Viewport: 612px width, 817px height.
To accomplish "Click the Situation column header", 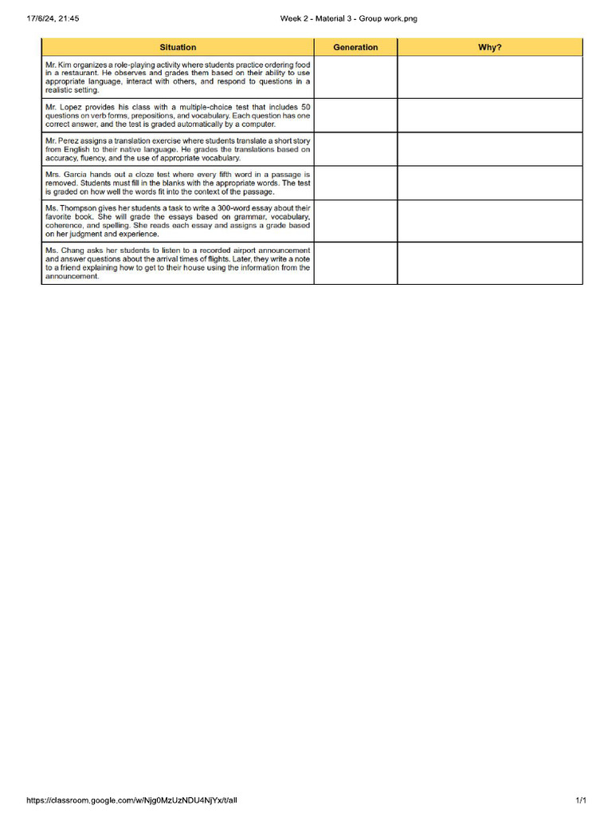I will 178,47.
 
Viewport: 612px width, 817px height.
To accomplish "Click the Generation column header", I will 355,47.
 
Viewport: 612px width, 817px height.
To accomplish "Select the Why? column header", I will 489,47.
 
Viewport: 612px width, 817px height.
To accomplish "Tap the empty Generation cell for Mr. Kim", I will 355,77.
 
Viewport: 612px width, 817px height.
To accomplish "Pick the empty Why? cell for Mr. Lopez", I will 489,115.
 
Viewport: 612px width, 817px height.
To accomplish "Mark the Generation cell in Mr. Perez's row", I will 355,149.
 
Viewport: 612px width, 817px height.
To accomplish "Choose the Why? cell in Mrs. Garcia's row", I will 489,183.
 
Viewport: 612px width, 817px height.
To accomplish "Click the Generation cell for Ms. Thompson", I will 355,221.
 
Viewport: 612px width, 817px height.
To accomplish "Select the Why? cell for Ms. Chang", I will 489,263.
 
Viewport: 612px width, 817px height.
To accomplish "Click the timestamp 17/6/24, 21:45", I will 46,18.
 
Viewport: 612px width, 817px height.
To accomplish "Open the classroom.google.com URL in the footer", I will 131,800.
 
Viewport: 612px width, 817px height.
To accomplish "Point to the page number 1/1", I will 581,800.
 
